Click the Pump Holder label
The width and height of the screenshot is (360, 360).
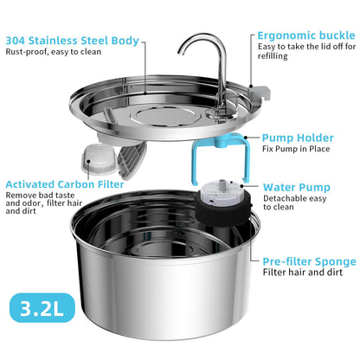click(299, 136)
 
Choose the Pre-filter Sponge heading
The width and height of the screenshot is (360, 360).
click(308, 260)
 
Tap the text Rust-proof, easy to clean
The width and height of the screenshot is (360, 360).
click(55, 52)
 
